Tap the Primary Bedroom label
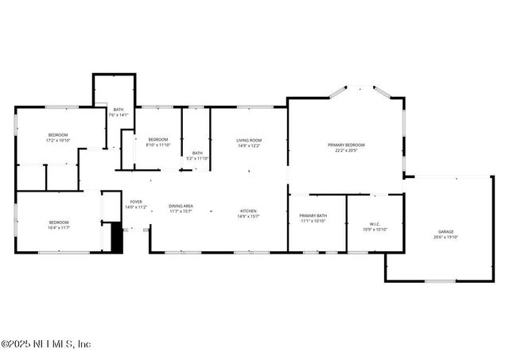[347, 145]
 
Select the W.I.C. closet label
[375, 223]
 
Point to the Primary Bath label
[313, 216]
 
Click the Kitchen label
[248, 211]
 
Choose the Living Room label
[248, 140]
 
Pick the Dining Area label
[181, 206]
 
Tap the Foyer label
[136, 202]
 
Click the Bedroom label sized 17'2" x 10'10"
[58, 135]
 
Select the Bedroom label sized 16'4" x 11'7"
[59, 223]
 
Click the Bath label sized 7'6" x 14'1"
[119, 110]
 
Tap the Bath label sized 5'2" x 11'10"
[196, 153]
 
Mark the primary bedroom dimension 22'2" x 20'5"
[347, 150]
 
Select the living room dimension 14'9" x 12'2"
[248, 146]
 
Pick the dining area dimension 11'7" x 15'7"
[181, 211]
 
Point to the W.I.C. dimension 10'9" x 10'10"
[375, 229]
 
